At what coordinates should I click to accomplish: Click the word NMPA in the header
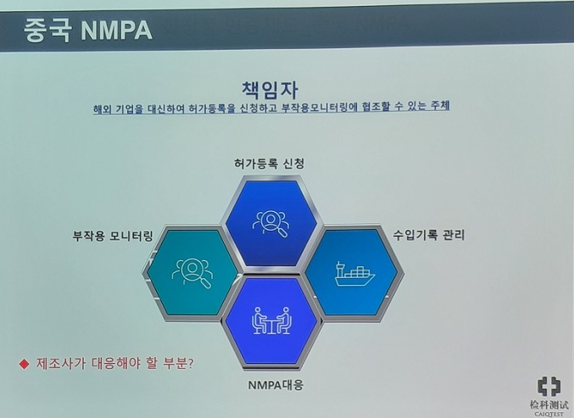(x=116, y=31)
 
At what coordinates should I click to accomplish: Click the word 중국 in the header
(x=47, y=31)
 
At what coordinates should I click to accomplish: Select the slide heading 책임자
(x=270, y=90)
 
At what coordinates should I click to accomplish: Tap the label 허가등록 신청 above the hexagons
(x=269, y=164)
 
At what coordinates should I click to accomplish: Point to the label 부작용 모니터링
(x=113, y=236)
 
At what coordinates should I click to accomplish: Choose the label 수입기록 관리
(x=429, y=235)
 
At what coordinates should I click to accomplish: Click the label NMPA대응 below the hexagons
(x=276, y=385)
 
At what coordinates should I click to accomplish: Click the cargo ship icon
(x=354, y=274)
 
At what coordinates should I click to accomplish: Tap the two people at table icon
(x=271, y=320)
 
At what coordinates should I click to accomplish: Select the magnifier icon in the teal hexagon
(x=192, y=273)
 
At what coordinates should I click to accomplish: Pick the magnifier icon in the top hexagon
(x=270, y=224)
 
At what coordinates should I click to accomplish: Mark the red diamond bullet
(x=24, y=364)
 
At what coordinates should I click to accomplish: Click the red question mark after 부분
(x=190, y=364)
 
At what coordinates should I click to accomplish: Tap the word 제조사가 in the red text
(x=61, y=364)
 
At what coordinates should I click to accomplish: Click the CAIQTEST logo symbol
(x=549, y=387)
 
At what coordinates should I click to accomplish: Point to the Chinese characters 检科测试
(x=549, y=404)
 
